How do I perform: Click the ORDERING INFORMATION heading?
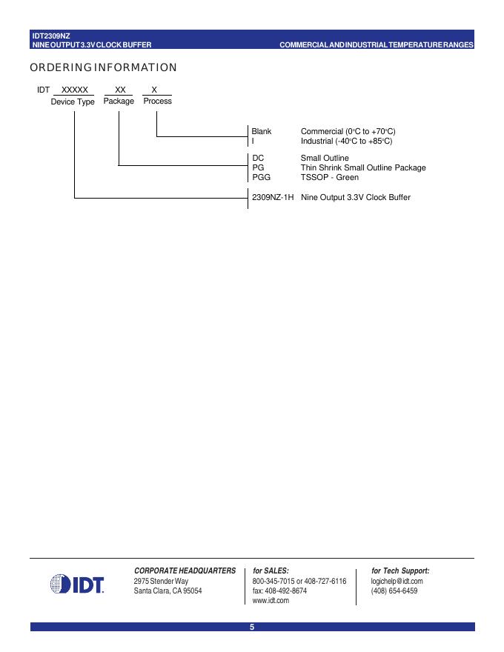pos(103,68)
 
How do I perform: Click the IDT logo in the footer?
pos(77,585)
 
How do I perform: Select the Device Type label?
pos(73,102)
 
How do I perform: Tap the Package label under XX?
pos(119,101)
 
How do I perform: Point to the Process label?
pos(157,101)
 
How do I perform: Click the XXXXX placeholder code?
pos(74,89)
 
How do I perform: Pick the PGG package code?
pos(262,177)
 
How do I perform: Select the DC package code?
pos(258,158)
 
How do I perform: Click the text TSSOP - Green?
pos(329,177)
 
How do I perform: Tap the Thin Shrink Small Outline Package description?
pos(363,167)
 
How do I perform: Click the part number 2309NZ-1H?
pos(273,197)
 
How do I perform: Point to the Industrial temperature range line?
pos(346,141)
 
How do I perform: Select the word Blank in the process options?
pos(262,131)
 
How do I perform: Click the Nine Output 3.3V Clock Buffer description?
pos(355,197)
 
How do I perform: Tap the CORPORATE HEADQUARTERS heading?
pos(185,570)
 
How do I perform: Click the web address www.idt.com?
pos(271,601)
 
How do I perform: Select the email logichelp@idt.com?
pos(397,581)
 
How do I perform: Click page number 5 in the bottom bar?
pos(252,628)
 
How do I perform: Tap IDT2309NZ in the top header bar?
pos(51,35)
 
